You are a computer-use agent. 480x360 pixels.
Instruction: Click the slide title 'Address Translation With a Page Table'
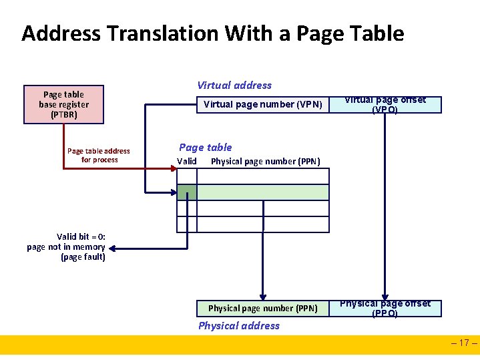click(x=212, y=33)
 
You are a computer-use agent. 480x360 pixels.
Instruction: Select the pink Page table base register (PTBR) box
click(x=63, y=105)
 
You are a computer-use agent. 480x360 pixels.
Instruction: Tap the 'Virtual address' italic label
click(x=234, y=85)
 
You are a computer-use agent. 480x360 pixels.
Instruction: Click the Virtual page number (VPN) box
click(x=262, y=104)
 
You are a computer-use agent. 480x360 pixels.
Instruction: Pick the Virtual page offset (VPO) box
click(x=385, y=105)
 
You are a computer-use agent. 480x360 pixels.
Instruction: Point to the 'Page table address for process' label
click(x=99, y=155)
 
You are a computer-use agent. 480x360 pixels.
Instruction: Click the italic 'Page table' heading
click(x=206, y=147)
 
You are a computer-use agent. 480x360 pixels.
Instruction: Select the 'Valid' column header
click(x=187, y=161)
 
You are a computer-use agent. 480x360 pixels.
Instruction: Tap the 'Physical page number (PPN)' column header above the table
click(x=266, y=161)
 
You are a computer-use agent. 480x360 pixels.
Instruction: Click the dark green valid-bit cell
click(x=187, y=192)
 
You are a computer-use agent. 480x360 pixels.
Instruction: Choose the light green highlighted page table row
click(x=263, y=192)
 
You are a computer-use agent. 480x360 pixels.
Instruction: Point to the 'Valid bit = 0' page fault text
click(x=66, y=246)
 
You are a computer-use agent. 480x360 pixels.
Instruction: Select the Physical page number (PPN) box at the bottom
click(x=262, y=308)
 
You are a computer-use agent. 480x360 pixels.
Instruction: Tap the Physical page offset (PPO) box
click(x=385, y=308)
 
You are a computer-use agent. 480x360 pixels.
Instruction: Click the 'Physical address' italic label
click(x=239, y=325)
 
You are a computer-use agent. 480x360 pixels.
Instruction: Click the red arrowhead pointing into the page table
click(x=172, y=170)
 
